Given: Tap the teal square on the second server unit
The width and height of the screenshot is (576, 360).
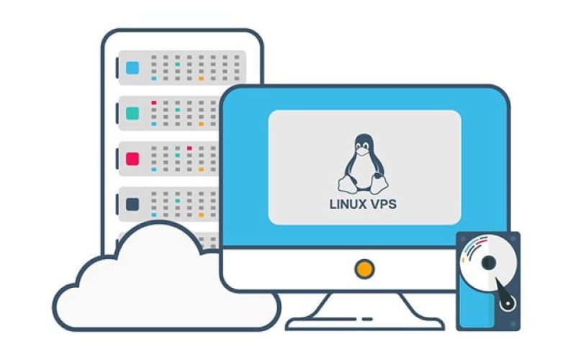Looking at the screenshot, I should pos(132,113).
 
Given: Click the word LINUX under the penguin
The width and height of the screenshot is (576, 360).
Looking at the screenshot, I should pos(346,204).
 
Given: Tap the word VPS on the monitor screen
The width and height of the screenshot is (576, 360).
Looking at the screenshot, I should pos(383,204).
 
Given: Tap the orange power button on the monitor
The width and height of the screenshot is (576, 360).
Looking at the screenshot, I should pos(365,269).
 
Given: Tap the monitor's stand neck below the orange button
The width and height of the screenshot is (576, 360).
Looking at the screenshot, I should pos(365,302).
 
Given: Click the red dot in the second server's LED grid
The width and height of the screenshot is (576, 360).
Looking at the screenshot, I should pos(154,104).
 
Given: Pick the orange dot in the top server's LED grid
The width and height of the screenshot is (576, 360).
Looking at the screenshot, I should pos(201,78).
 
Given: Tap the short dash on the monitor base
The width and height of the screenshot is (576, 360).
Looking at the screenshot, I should pos(366,318).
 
